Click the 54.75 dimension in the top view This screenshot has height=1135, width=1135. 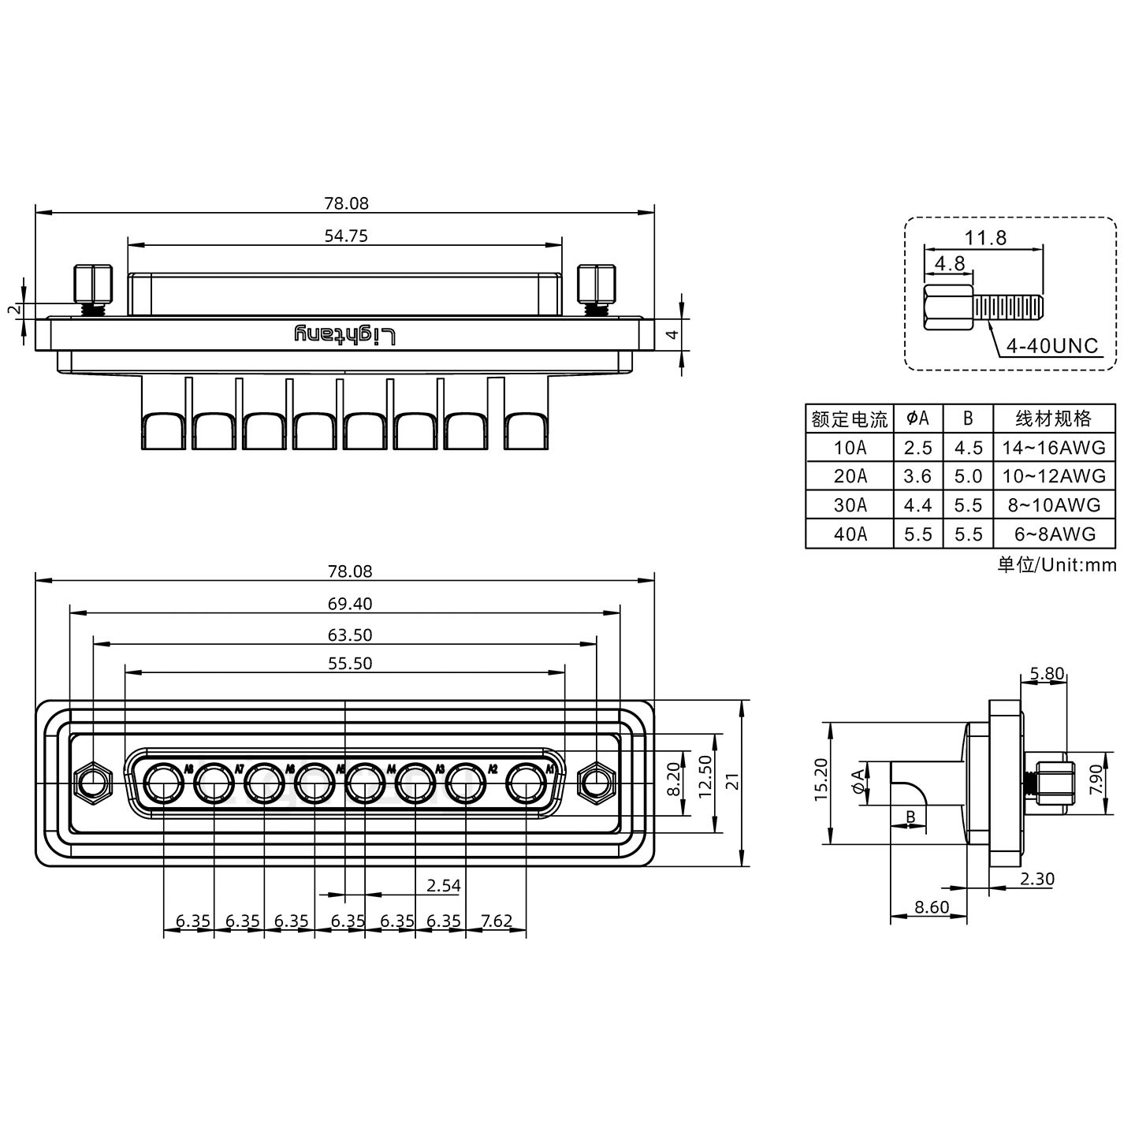pos(346,235)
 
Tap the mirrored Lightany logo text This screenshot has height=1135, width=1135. pos(344,334)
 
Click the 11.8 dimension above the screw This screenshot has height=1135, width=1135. pos(985,237)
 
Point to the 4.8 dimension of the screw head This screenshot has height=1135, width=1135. pos(950,263)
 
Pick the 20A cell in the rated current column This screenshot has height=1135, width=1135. pos(850,476)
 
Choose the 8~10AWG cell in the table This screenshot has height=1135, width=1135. pos(1054,505)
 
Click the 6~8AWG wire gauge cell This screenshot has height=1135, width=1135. pos(1054,534)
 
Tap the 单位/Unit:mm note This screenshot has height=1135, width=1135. pos(1056,565)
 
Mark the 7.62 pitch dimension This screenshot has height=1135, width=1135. pos(497,921)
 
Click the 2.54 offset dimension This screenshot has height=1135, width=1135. pos(443,885)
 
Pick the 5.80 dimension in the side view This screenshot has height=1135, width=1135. pos(1047,674)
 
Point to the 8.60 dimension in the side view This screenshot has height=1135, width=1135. pos(932,907)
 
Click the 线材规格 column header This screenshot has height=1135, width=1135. pos(1054,419)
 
